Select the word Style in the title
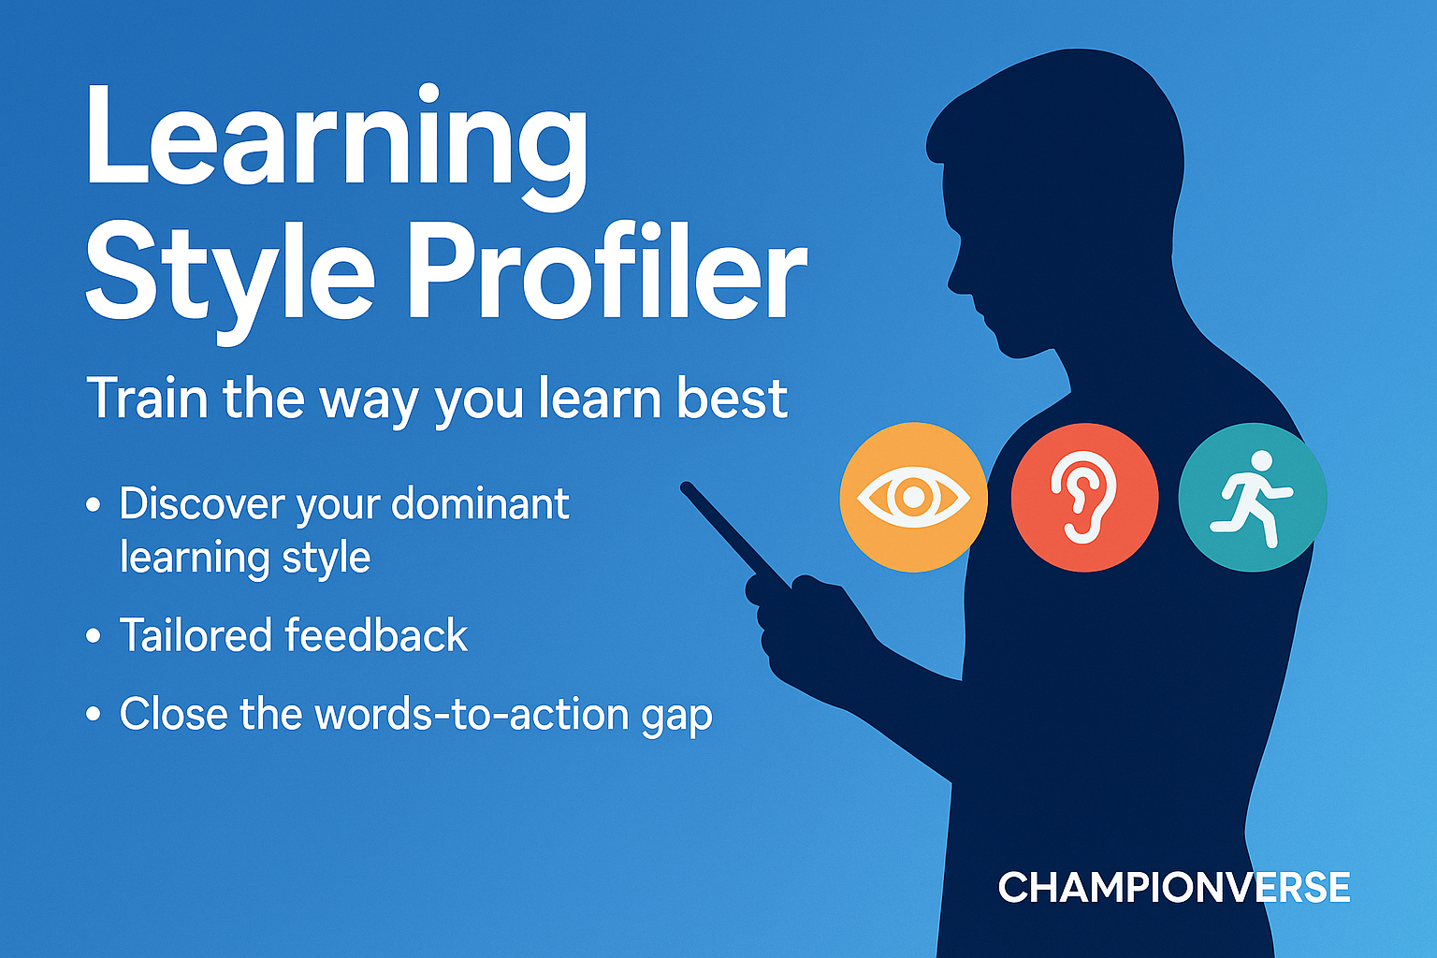coord(230,283)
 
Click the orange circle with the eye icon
coord(913,498)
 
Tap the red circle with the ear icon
coord(1085,498)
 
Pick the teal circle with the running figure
coord(1253,498)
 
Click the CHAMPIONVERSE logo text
coord(1174,888)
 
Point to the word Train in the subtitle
coord(148,399)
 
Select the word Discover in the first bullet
coord(203,503)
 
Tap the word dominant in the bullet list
coord(480,503)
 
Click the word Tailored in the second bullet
coord(196,635)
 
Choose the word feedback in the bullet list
coord(376,635)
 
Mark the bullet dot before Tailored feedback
coord(94,636)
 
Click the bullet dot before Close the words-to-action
coord(94,714)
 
